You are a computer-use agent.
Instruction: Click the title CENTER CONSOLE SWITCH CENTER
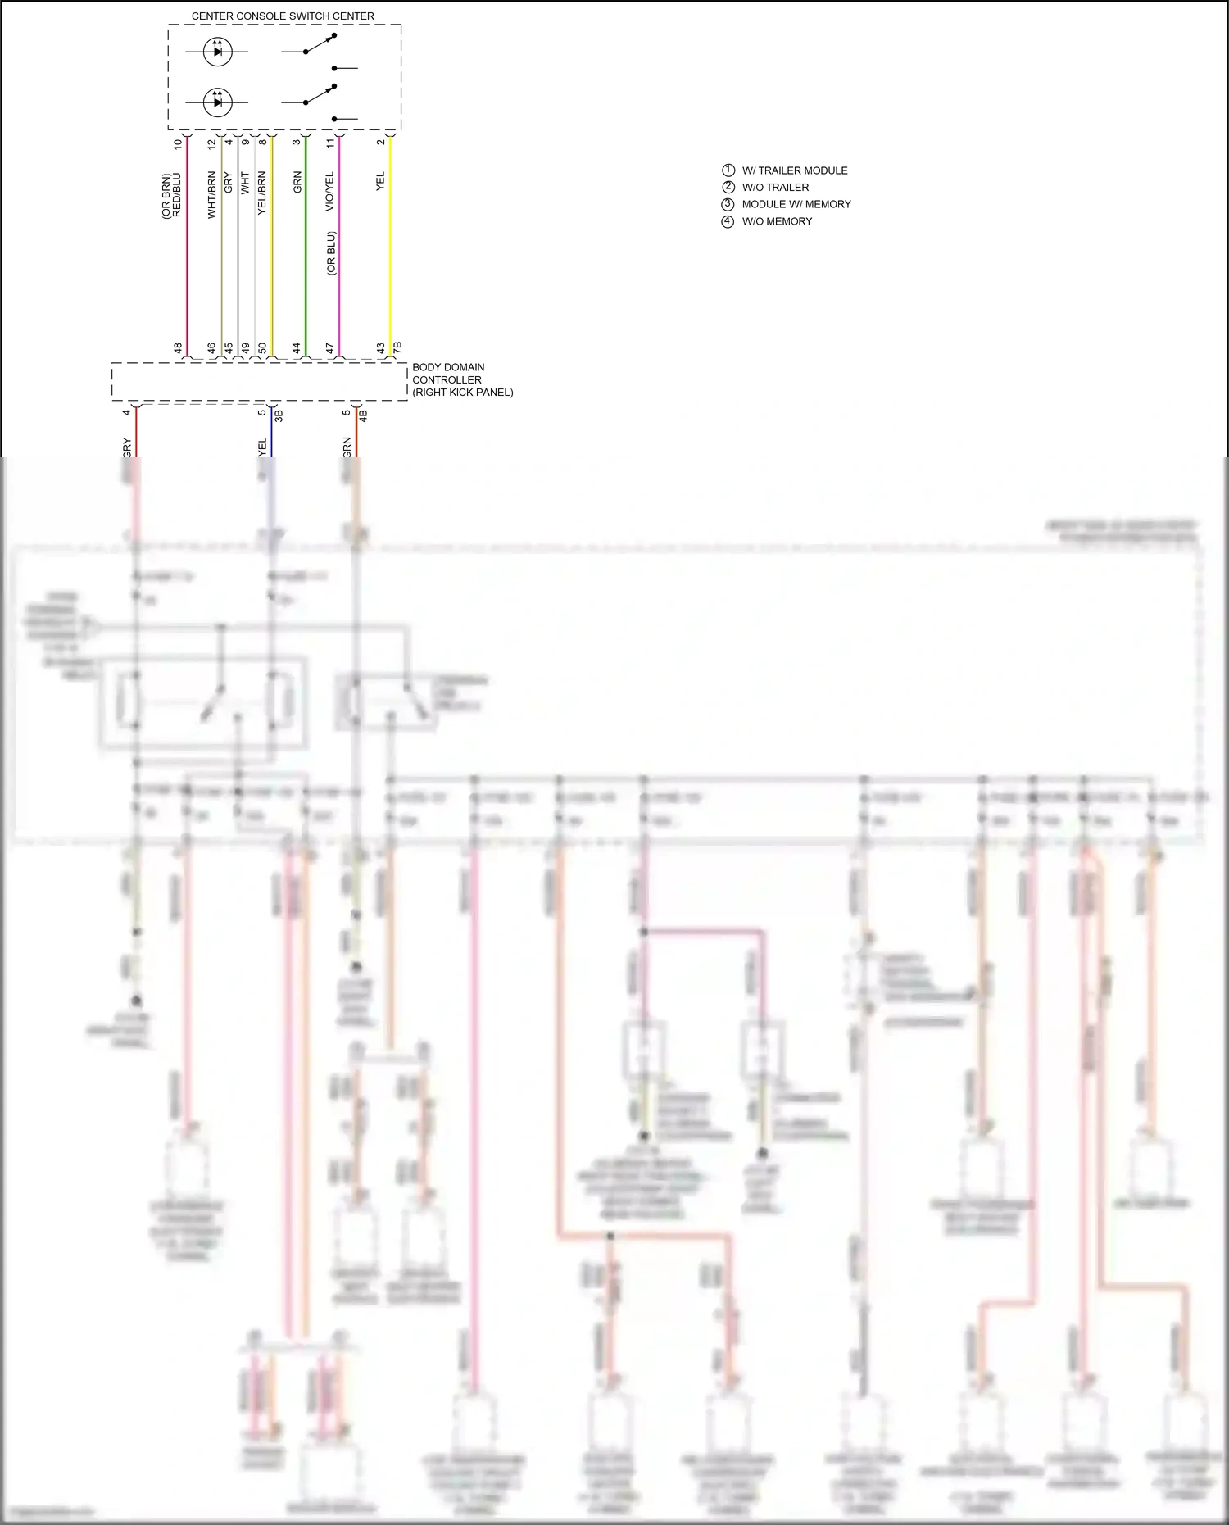point(283,16)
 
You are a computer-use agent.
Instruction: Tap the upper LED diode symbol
point(217,52)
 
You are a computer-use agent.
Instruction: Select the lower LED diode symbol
point(217,102)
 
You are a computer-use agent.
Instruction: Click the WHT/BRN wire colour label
point(212,194)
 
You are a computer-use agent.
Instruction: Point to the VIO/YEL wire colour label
point(330,191)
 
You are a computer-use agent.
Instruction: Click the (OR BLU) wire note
point(331,253)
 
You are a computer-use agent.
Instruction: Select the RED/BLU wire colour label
point(177,195)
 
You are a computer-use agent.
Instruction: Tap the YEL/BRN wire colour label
point(262,193)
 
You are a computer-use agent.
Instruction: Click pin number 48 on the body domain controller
point(178,348)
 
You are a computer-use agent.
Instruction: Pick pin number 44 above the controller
point(297,348)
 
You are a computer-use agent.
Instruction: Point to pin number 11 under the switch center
point(330,143)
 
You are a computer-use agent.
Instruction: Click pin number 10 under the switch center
point(178,143)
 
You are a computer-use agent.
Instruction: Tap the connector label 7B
point(397,348)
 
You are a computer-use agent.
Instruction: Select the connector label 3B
point(279,415)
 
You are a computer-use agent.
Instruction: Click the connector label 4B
point(363,415)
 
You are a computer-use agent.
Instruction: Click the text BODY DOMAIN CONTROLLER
point(448,374)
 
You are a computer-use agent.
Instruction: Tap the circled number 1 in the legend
point(728,170)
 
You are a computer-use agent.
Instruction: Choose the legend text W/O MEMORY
point(777,221)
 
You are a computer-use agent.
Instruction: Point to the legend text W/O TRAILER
point(775,188)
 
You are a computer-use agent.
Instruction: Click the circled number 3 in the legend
point(728,204)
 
